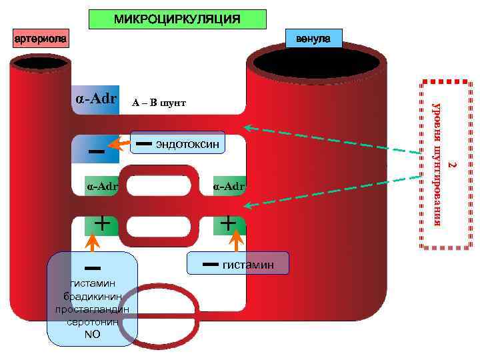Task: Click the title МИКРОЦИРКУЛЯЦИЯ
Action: [177, 19]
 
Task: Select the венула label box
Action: [313, 39]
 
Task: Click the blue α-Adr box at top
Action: [95, 100]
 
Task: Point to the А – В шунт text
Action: [159, 103]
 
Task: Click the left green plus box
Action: [101, 223]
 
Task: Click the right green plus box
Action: [229, 223]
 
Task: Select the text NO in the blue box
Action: [93, 334]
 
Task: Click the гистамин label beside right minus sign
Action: [248, 265]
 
